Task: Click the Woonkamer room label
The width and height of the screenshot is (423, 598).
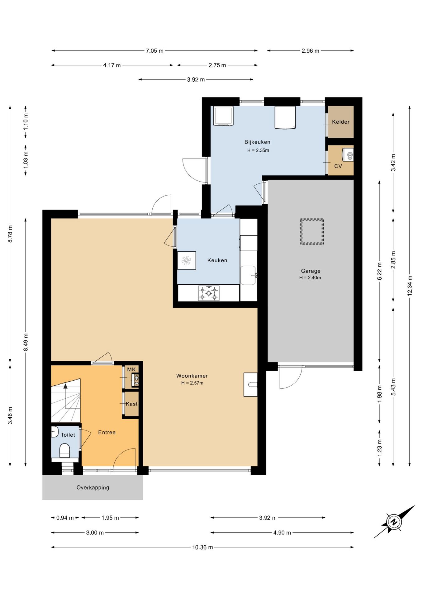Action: click(x=192, y=376)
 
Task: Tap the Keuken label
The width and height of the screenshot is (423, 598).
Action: click(x=217, y=260)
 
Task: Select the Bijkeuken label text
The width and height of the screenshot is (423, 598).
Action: click(x=257, y=142)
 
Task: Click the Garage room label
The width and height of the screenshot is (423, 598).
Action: click(x=311, y=271)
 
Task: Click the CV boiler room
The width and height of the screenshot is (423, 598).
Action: click(x=340, y=160)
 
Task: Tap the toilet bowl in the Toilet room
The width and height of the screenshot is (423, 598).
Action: click(x=64, y=451)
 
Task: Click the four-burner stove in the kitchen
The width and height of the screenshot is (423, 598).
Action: click(x=208, y=293)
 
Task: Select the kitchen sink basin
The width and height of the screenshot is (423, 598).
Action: click(x=248, y=275)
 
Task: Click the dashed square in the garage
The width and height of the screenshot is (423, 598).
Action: click(x=312, y=231)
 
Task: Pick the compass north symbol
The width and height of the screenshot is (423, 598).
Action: click(x=394, y=522)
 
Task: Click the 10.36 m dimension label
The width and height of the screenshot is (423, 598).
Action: click(x=202, y=547)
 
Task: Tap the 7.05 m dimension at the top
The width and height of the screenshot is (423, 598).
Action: click(x=154, y=51)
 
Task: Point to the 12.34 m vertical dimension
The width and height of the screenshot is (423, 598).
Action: click(x=410, y=285)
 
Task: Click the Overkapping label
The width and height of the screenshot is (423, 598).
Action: click(x=93, y=487)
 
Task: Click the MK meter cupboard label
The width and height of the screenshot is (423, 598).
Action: click(x=131, y=369)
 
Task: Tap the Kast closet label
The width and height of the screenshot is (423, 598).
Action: click(x=132, y=404)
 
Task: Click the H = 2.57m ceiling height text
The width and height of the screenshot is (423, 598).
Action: click(x=192, y=383)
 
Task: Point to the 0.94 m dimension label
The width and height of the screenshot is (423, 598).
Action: click(x=65, y=518)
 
